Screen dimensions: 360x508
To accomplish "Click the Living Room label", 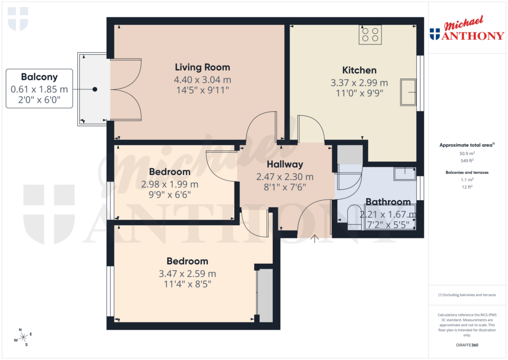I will pos(202,67).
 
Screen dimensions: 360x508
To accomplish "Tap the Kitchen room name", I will pos(359,70).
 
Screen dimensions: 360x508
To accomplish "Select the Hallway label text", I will pos(285,164).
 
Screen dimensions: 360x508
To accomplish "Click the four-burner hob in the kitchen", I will pos(370,34).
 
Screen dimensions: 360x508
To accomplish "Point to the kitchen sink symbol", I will pos(409,92).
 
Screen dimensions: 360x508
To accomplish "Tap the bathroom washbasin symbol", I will pos(405,173).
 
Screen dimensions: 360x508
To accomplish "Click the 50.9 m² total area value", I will pos(467,154).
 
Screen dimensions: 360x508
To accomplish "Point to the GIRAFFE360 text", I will pos(467,345).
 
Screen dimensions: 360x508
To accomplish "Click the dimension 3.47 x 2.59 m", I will pos(187,274).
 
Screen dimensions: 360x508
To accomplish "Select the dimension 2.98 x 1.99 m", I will pos(170,184).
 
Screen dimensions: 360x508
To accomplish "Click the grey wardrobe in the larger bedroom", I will pos(265,295).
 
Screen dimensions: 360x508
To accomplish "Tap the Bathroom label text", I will pos(388,202).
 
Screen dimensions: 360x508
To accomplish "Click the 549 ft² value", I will pos(467,161).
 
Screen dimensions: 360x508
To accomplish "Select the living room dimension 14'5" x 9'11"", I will pos(202,90).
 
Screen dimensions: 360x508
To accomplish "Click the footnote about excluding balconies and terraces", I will pos(467,295).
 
